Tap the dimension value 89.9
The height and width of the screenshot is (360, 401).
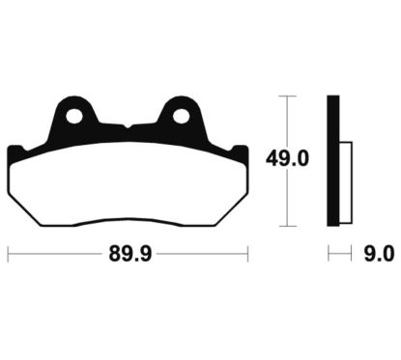pos(129,255)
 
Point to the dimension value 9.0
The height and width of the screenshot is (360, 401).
pos(377,255)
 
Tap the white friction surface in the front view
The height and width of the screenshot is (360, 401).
pos(127,188)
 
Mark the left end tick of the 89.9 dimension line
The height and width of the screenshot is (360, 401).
pos(8,255)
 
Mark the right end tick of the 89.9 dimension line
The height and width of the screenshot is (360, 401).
pos(248,255)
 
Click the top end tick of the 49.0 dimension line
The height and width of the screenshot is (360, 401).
pos(281,97)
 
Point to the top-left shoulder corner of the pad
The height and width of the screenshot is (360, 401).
pos(13,148)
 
